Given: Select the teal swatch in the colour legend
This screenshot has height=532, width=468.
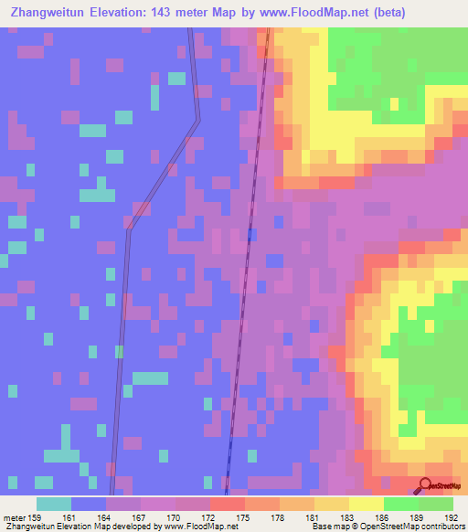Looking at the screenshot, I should point(53,504).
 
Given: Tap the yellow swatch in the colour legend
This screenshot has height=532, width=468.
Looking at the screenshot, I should point(366,504).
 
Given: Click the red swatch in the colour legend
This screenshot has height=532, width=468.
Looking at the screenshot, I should point(227,504).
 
